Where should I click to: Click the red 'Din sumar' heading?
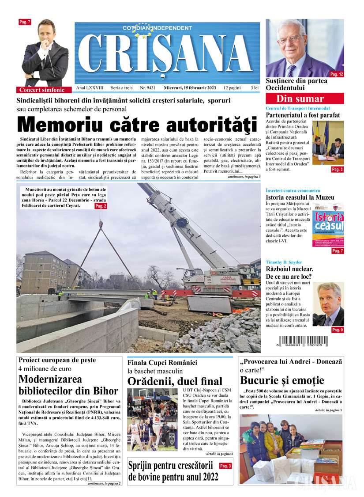coord(304,99)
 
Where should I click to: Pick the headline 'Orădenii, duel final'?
coord(175,381)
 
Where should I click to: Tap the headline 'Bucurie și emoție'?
coord(282,380)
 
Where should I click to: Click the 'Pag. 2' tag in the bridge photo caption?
coord(101,206)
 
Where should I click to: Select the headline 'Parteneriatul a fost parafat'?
coord(303,115)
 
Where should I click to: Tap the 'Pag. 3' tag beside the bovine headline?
coord(225,466)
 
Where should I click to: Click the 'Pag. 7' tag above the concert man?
coord(25,22)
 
